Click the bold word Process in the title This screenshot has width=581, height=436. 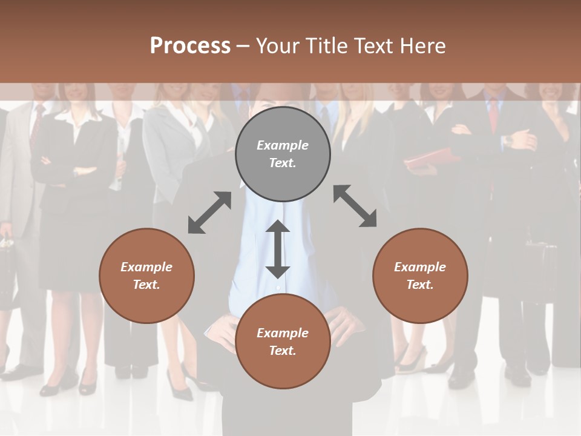(x=190, y=46)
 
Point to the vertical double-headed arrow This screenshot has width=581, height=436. (x=278, y=249)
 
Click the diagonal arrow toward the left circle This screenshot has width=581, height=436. (x=209, y=213)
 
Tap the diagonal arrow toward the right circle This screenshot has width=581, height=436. (x=355, y=206)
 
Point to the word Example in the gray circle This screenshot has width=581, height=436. (x=283, y=145)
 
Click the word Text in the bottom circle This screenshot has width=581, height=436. (x=281, y=351)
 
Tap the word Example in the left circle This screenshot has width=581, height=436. (x=146, y=267)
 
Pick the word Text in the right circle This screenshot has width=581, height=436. (x=419, y=285)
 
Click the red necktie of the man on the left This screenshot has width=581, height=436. (x=38, y=124)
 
